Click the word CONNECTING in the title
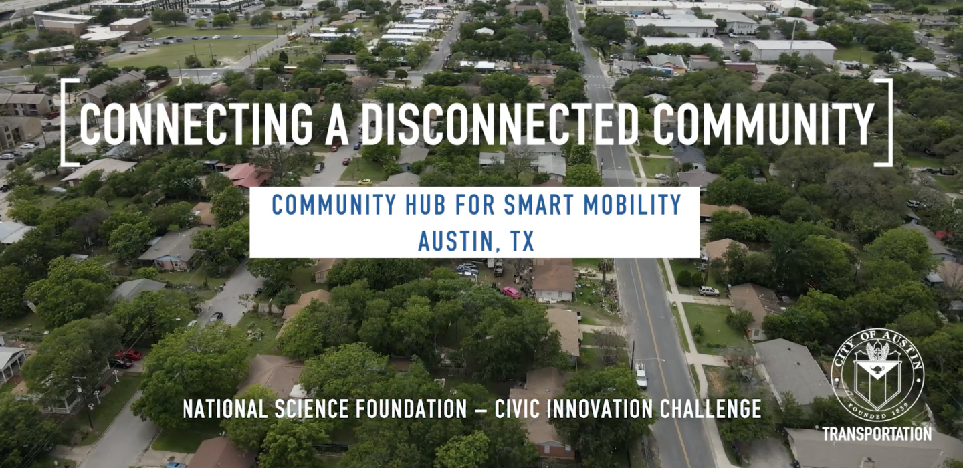pyautogui.click(x=196, y=124)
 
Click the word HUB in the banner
pyautogui.click(x=425, y=205)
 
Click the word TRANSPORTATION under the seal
pyautogui.click(x=877, y=434)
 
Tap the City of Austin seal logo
pyautogui.click(x=877, y=375)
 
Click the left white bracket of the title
pyautogui.click(x=65, y=122)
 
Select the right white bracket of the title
pyautogui.click(x=889, y=122)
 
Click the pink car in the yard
pyautogui.click(x=511, y=292)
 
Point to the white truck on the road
pyautogui.click(x=641, y=376)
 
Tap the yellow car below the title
pyautogui.click(x=365, y=182)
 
